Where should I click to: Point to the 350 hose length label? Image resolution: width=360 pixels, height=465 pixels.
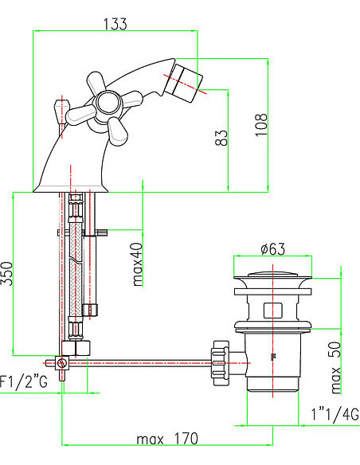(7, 275)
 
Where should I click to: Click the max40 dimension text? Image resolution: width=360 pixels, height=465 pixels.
(137, 264)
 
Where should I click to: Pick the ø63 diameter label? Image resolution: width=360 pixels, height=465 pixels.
(272, 248)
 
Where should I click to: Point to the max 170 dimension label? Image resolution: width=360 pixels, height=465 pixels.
(167, 439)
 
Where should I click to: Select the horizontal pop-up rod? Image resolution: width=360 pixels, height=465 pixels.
(143, 364)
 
